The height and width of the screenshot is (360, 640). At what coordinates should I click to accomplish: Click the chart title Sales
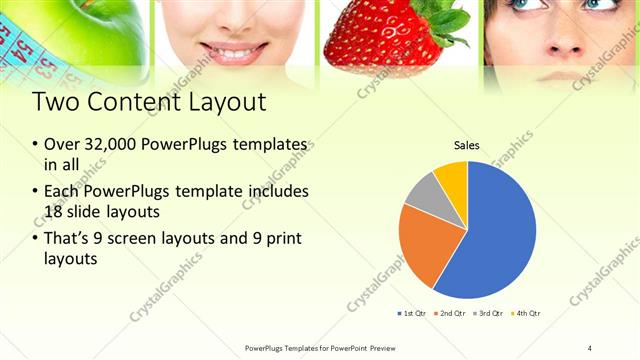tap(467, 146)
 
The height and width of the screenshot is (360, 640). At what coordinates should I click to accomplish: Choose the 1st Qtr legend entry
tap(414, 314)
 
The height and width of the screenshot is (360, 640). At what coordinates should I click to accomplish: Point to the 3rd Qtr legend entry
tap(489, 314)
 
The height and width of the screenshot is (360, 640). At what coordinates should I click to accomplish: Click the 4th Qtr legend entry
tap(526, 314)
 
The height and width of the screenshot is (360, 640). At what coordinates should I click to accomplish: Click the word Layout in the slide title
tap(217, 102)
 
